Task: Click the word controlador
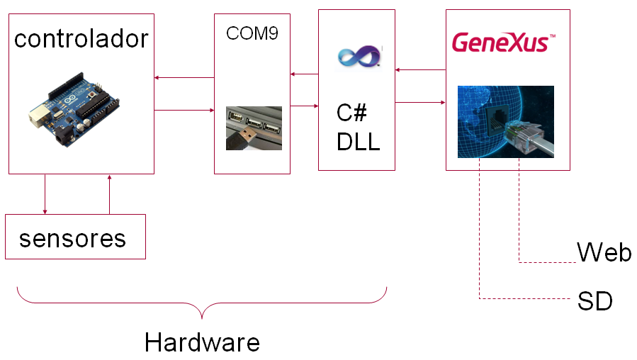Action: [81, 39]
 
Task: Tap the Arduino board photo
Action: [74, 110]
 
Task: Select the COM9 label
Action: [252, 33]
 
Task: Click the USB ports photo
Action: [254, 128]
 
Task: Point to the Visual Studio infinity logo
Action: [359, 56]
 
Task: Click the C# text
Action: [351, 113]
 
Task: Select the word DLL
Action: [359, 142]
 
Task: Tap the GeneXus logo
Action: [504, 43]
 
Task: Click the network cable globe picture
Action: [506, 122]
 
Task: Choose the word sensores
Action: [73, 239]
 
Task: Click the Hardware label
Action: [202, 342]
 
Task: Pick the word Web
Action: [604, 252]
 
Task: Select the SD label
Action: [595, 301]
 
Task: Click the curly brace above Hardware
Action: [202, 303]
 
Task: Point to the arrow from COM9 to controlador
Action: [184, 78]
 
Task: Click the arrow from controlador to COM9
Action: [184, 110]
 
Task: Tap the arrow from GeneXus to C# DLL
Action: [420, 70]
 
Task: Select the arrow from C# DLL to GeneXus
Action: [420, 102]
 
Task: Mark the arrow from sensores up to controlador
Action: [109, 195]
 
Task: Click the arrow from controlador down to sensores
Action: [45, 194]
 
